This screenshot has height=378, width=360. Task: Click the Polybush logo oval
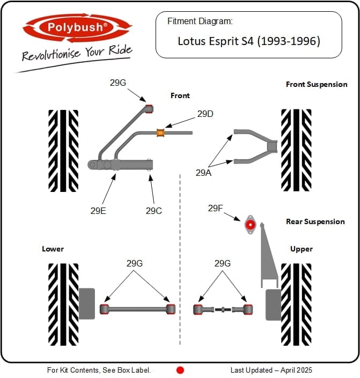point(77,27)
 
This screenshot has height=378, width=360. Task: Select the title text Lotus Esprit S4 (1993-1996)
point(249,41)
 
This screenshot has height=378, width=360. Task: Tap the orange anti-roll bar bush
point(160,133)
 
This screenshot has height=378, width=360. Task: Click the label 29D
point(205,114)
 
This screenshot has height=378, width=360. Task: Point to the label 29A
point(203,173)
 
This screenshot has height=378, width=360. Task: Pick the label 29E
point(98,211)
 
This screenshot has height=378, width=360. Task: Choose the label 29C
point(153,211)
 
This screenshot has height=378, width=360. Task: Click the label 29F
point(216,208)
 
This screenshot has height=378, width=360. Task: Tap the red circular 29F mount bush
point(250,225)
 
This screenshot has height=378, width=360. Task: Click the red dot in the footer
point(180,370)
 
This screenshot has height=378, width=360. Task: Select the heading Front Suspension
point(317,84)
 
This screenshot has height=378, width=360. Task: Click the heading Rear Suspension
point(315,221)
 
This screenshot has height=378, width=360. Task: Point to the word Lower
point(53,249)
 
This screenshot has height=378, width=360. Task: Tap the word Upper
point(302,249)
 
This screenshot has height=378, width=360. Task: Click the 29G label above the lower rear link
point(135,263)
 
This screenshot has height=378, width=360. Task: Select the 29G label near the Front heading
point(117,83)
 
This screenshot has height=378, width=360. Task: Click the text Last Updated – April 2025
point(271,370)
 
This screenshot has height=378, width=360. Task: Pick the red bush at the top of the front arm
point(149,109)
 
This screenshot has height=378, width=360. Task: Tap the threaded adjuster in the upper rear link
point(223,309)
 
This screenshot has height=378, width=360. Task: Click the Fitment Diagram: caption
point(200,21)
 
